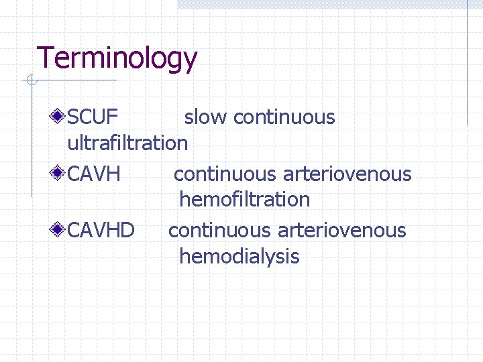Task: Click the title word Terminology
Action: pos(117,58)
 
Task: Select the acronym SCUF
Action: pos(93,117)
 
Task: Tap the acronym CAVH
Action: pos(94,174)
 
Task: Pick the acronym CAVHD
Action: pos(101,231)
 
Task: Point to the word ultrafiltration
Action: pos(127,143)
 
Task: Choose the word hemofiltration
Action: pos(244,199)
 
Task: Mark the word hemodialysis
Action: pos(239,256)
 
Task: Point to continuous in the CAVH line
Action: pos(225,174)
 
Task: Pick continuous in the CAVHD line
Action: pos(220,231)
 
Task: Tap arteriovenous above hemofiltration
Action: pos(347,174)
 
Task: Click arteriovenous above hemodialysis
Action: pos(342,231)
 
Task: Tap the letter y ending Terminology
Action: pos(190,62)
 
